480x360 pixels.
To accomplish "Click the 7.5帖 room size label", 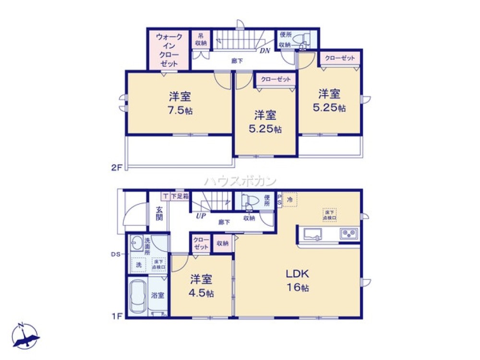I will [180, 103].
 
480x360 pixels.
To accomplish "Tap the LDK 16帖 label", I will [298, 281].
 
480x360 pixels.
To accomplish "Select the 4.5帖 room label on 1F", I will [202, 286].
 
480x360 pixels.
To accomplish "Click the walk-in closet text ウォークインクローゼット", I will [168, 50].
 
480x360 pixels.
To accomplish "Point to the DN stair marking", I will [264, 50].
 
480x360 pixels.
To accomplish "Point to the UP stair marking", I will [200, 216].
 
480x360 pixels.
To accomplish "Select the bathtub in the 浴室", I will [138, 296].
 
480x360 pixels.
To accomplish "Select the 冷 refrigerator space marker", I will [290, 199].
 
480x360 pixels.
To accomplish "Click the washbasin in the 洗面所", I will [136, 244].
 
